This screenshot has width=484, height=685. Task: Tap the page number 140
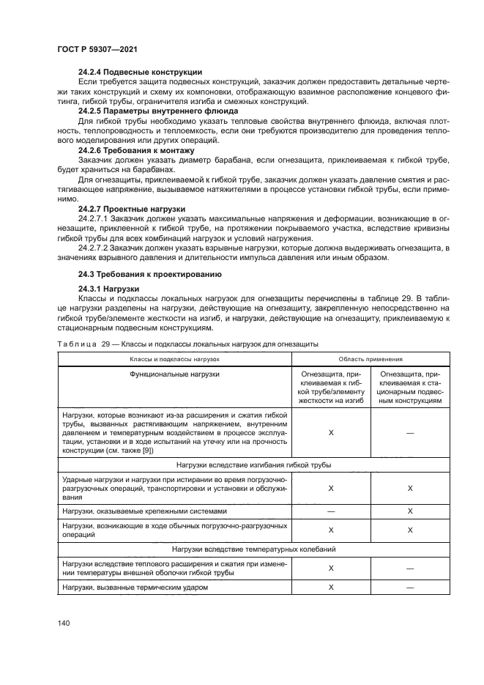(x=62, y=623)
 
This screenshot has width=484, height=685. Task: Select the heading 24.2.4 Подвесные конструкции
(x=140, y=72)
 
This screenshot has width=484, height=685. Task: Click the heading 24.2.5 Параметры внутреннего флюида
(x=157, y=111)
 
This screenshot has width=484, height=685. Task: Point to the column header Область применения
(x=370, y=360)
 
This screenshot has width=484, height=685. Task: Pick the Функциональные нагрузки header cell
(x=174, y=374)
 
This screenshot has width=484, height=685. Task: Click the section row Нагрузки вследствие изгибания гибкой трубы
(x=253, y=464)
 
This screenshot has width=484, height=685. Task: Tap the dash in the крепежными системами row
(x=331, y=511)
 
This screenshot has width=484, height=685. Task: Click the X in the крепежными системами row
(x=410, y=511)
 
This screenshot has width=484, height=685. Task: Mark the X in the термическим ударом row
(x=331, y=588)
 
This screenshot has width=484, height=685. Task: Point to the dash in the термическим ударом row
(x=410, y=588)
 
